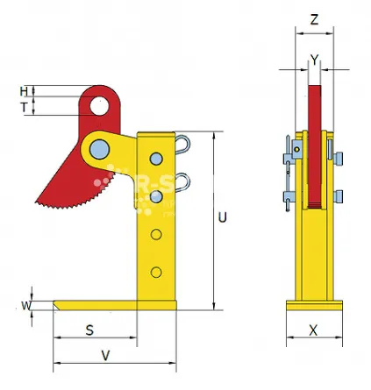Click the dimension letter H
pyautogui.click(x=24, y=90)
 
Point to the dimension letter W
pyautogui.click(x=25, y=305)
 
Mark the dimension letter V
pyautogui.click(x=106, y=356)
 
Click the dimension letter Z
pyautogui.click(x=314, y=18)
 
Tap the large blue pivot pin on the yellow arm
pyautogui.click(x=98, y=146)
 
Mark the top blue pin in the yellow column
pyautogui.click(x=156, y=159)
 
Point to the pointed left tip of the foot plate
pyautogui.click(x=55, y=305)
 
